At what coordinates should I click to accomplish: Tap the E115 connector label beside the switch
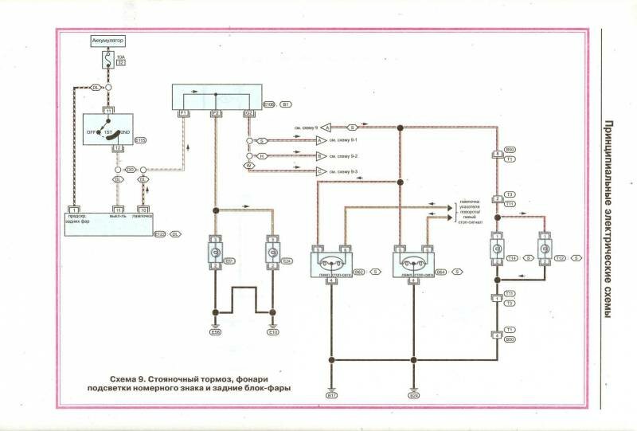[140, 140]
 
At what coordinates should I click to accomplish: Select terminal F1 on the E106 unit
[183, 114]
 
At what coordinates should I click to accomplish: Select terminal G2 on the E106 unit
[249, 114]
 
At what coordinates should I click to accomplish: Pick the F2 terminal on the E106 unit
[217, 114]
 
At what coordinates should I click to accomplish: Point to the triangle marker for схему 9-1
[322, 140]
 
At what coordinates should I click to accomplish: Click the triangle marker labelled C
[322, 171]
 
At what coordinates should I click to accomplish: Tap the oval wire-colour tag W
[248, 166]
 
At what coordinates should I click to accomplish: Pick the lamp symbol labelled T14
[496, 249]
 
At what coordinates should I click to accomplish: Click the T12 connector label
[560, 258]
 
